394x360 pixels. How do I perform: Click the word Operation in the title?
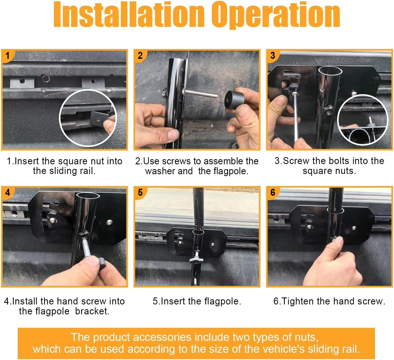click(x=276, y=15)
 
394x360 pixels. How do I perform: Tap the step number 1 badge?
click(x=8, y=56)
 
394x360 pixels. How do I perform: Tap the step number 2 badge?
click(x=140, y=56)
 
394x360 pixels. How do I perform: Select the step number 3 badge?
click(x=273, y=55)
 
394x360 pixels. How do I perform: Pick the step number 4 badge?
click(x=8, y=192)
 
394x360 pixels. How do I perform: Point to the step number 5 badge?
click(x=140, y=192)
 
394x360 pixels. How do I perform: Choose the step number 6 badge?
click(x=273, y=192)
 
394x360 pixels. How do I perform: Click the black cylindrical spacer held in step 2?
click(x=234, y=100)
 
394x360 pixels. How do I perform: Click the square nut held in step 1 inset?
click(x=100, y=118)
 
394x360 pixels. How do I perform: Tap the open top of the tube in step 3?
click(x=330, y=71)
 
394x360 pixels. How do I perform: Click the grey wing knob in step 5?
click(x=196, y=260)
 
